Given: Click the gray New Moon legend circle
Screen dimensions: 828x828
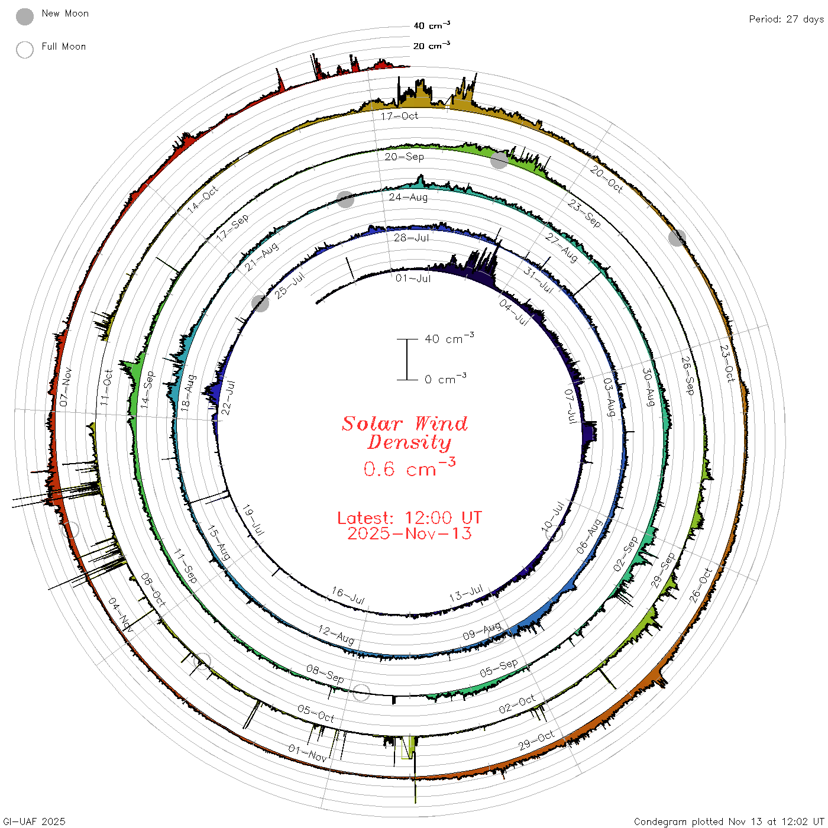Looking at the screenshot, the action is pyautogui.click(x=24, y=17).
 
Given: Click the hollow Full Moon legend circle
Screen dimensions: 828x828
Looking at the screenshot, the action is pyautogui.click(x=24, y=50).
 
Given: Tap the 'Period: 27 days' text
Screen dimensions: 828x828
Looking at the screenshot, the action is pyautogui.click(x=786, y=20).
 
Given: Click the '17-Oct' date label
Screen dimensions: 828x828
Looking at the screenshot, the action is pyautogui.click(x=399, y=116).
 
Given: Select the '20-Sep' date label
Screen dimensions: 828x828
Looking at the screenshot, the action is pyautogui.click(x=404, y=157).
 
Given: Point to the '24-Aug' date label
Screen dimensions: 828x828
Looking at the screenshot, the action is pyautogui.click(x=407, y=197).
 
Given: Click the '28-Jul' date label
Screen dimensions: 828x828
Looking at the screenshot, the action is pyautogui.click(x=412, y=238).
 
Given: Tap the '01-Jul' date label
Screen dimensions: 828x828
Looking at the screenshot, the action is pyautogui.click(x=413, y=278).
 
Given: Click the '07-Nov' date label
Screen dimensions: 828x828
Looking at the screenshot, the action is pyautogui.click(x=65, y=387).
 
